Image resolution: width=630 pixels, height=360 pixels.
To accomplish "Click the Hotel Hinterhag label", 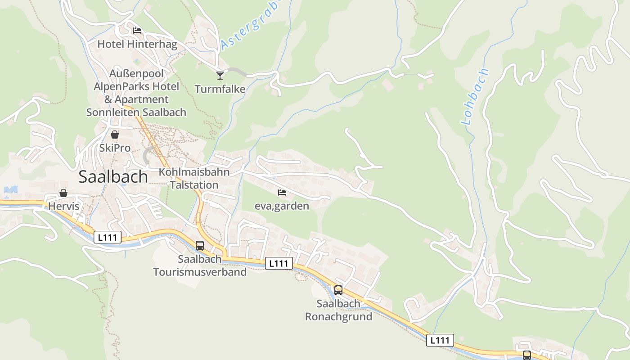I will (x=137, y=45).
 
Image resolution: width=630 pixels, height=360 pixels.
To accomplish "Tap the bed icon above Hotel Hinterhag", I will (x=137, y=31).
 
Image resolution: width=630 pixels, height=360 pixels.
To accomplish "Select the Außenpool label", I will (x=136, y=73).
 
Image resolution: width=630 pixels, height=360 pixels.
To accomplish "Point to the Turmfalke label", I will (x=220, y=89).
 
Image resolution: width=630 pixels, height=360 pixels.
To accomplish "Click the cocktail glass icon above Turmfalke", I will (x=220, y=75).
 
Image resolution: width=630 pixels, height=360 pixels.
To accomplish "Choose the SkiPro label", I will (x=115, y=148).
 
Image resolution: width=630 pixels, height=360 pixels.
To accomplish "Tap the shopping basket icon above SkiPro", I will (x=115, y=135).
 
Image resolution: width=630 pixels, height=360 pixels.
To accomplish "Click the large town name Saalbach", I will (x=113, y=177).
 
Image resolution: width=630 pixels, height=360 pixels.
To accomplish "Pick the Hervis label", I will (x=63, y=207).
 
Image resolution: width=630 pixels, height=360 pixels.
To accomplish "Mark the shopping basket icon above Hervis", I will (x=63, y=193).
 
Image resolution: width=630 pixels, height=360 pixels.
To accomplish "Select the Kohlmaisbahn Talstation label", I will (x=194, y=178).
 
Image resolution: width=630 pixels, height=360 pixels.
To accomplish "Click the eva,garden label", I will (x=282, y=206).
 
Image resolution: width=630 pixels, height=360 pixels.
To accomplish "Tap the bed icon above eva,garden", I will (x=282, y=193).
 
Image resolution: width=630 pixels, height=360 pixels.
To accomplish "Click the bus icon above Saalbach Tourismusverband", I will (x=200, y=246).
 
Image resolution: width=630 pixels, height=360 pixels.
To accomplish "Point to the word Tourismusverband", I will (x=200, y=272).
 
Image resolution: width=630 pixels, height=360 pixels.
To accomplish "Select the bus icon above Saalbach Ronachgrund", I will (x=338, y=290).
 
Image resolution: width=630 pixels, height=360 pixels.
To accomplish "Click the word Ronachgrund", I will (x=338, y=316).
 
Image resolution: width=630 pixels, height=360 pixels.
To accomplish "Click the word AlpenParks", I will (x=117, y=86).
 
